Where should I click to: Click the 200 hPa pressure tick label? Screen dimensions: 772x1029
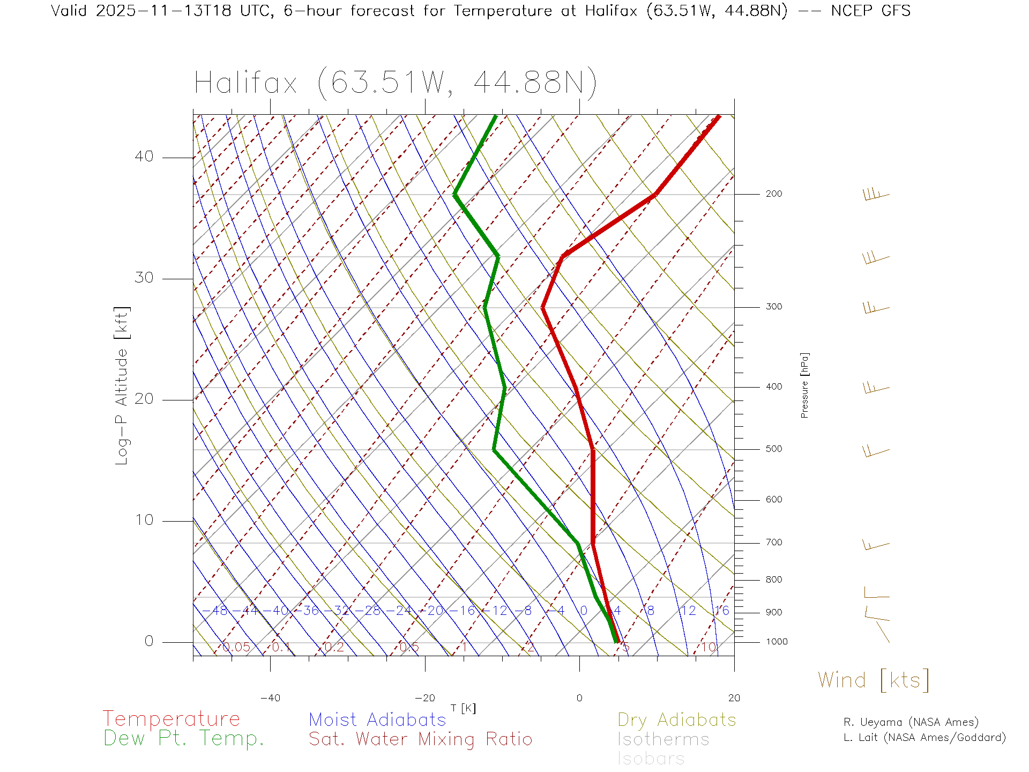[773, 194]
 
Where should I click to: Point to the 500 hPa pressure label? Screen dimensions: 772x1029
[773, 449]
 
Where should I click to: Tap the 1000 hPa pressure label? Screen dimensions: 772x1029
[777, 642]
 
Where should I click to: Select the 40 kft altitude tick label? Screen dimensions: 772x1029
[144, 157]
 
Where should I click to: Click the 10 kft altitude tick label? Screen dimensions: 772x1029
[144, 520]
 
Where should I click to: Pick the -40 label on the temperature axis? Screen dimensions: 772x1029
[270, 698]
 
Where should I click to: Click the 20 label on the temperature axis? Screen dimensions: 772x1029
[734, 698]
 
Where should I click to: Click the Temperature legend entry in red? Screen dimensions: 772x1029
[171, 719]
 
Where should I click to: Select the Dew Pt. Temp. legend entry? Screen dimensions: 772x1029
[184, 739]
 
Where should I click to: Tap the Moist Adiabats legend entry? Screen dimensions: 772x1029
[377, 719]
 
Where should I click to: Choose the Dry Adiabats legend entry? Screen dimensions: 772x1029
[676, 719]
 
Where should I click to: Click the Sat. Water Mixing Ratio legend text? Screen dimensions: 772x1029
[420, 739]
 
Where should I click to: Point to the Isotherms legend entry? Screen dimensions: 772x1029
[663, 739]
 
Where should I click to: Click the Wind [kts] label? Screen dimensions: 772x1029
[873, 680]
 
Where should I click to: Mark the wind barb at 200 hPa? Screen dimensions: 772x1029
[876, 194]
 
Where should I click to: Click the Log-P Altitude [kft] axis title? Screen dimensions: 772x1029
[122, 386]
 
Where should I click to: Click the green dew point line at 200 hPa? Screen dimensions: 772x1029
[454, 194]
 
